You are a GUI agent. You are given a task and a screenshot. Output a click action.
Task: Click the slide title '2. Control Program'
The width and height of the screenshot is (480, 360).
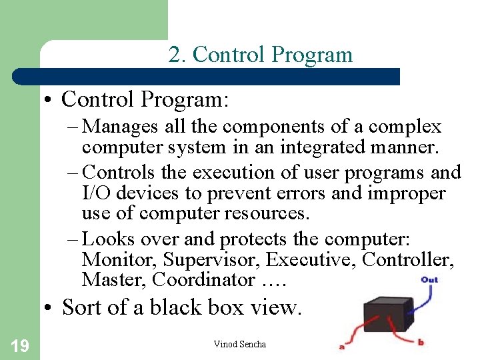tap(260, 54)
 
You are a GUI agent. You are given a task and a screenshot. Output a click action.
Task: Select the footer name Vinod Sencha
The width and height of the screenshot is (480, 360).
tap(239, 344)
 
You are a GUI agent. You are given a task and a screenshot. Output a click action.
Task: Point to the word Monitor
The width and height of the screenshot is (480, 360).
tap(119, 259)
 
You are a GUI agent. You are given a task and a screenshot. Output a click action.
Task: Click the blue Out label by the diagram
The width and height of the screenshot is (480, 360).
tap(429, 279)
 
